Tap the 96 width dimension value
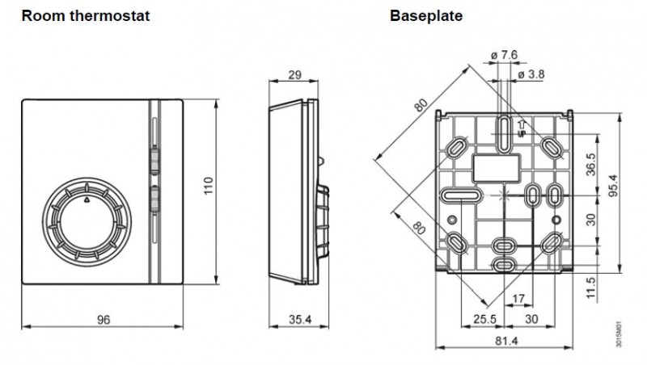tap(104, 320)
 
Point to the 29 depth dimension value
tap(295, 75)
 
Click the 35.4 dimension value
tap(300, 320)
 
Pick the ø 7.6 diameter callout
tap(502, 55)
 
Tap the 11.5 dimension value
tap(591, 287)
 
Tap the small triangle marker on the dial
tap(86, 196)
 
